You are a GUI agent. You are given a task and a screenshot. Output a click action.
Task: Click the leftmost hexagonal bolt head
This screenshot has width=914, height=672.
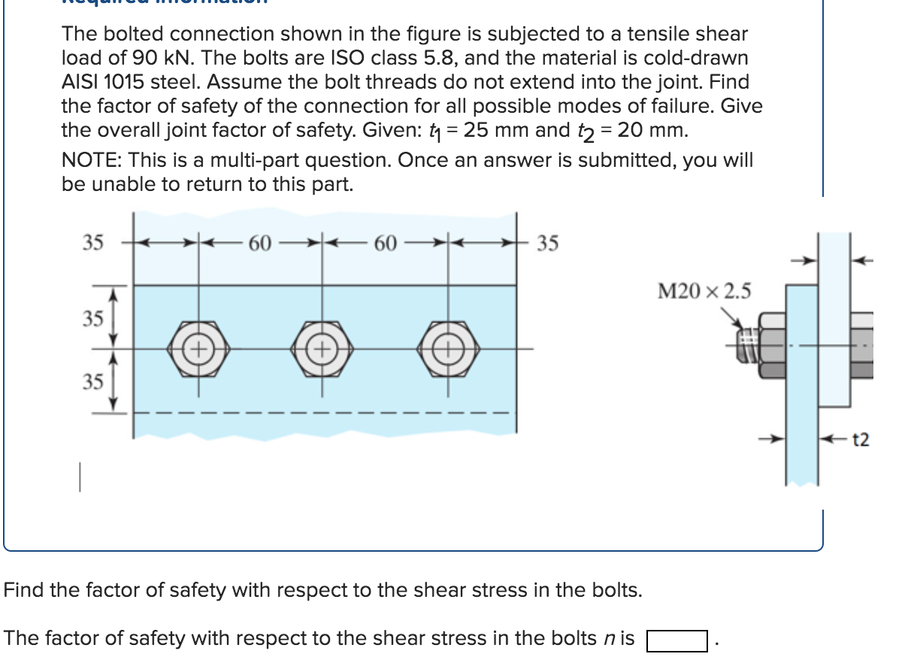[x=198, y=349]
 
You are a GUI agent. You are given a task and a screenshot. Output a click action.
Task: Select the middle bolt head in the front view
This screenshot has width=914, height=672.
[x=324, y=349]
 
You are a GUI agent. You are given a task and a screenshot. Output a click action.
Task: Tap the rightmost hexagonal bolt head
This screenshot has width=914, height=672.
[x=449, y=349]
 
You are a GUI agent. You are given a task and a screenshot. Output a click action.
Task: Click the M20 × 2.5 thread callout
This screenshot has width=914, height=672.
[x=704, y=291]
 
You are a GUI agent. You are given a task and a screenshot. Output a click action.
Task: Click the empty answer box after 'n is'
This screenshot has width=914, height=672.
[x=676, y=640]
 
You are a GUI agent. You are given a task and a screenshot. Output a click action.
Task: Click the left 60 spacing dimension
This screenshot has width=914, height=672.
[x=260, y=244]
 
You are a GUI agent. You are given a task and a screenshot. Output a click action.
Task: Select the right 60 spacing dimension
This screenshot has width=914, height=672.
[x=386, y=244]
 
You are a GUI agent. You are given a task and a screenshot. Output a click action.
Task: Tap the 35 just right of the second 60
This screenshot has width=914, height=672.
[x=548, y=244]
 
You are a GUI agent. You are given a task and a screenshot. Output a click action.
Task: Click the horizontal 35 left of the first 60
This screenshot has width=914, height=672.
[x=92, y=243]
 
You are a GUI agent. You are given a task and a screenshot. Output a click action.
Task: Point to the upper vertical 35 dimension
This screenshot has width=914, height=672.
[x=92, y=318]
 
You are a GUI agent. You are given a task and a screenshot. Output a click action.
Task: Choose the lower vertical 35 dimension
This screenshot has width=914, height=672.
[x=92, y=381]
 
